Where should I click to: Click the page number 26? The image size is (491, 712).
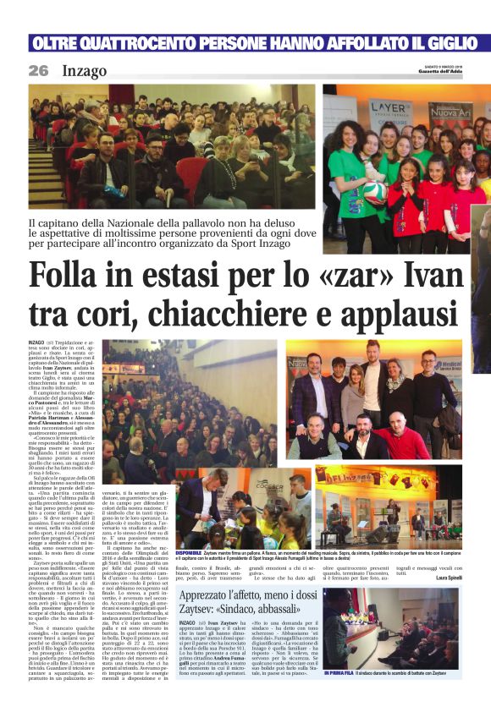[38, 71]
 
